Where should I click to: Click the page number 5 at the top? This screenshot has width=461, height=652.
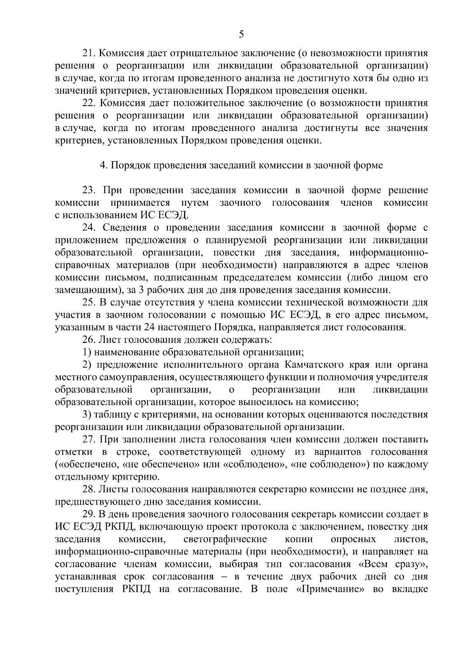click(241, 35)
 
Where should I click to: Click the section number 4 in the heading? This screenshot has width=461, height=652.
click(103, 165)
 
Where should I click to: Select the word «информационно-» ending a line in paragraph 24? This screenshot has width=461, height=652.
click(389, 253)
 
